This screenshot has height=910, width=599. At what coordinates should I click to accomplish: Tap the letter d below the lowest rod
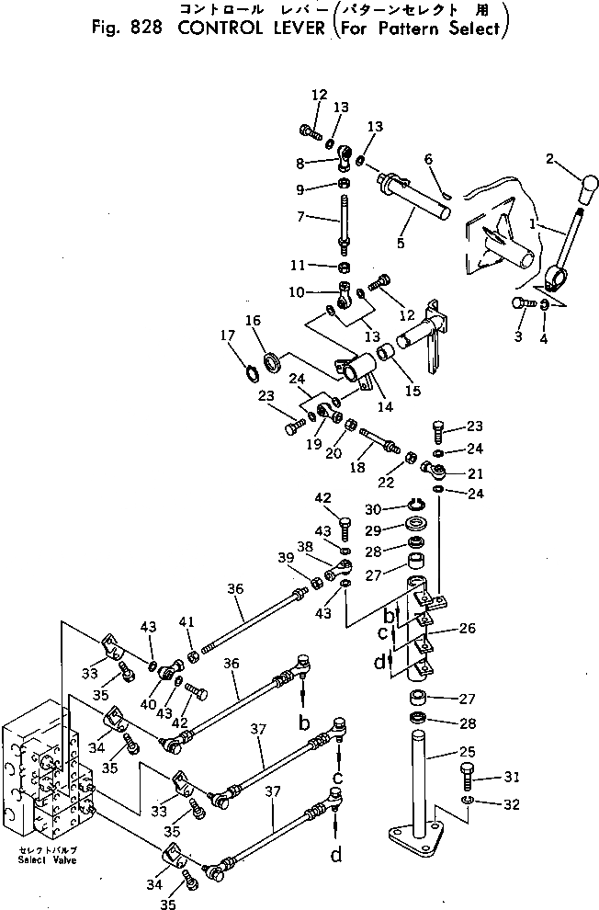(x=336, y=857)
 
